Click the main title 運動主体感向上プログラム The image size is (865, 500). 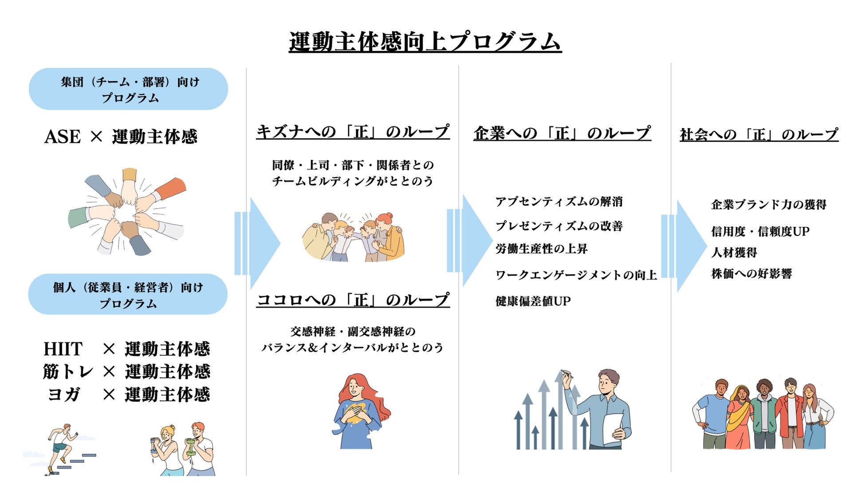click(x=425, y=43)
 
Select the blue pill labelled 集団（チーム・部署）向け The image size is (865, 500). click(x=128, y=89)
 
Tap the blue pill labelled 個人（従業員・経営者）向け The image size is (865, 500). click(x=128, y=294)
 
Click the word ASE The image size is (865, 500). click(x=63, y=137)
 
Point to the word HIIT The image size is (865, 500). click(x=63, y=349)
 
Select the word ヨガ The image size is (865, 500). click(x=63, y=394)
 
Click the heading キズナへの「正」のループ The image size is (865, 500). click(x=353, y=132)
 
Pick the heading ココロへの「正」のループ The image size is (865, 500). click(x=353, y=300)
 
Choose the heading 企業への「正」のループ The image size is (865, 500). click(x=562, y=133)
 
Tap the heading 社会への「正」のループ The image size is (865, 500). click(x=759, y=134)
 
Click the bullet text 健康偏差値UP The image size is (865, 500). click(x=533, y=301)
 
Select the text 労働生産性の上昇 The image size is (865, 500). click(x=541, y=249)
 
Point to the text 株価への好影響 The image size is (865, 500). click(x=751, y=274)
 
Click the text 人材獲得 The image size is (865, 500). click(x=734, y=252)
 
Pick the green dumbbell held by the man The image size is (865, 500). click(x=190, y=447)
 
